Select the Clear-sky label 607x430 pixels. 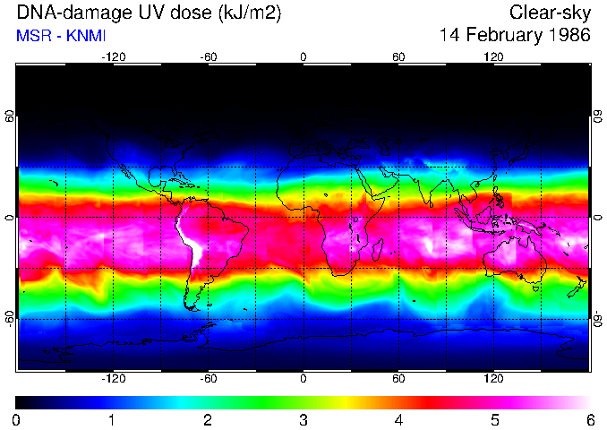tap(550, 13)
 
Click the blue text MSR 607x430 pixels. tap(31, 37)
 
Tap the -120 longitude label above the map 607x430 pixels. tap(113, 56)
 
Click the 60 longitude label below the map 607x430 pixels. tap(398, 380)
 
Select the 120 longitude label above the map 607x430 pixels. tap(493, 56)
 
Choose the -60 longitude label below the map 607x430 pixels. tap(209, 380)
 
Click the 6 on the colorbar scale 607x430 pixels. tap(589, 419)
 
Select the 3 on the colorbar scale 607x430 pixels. tap(303, 419)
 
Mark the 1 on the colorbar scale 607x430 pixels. tap(112, 419)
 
